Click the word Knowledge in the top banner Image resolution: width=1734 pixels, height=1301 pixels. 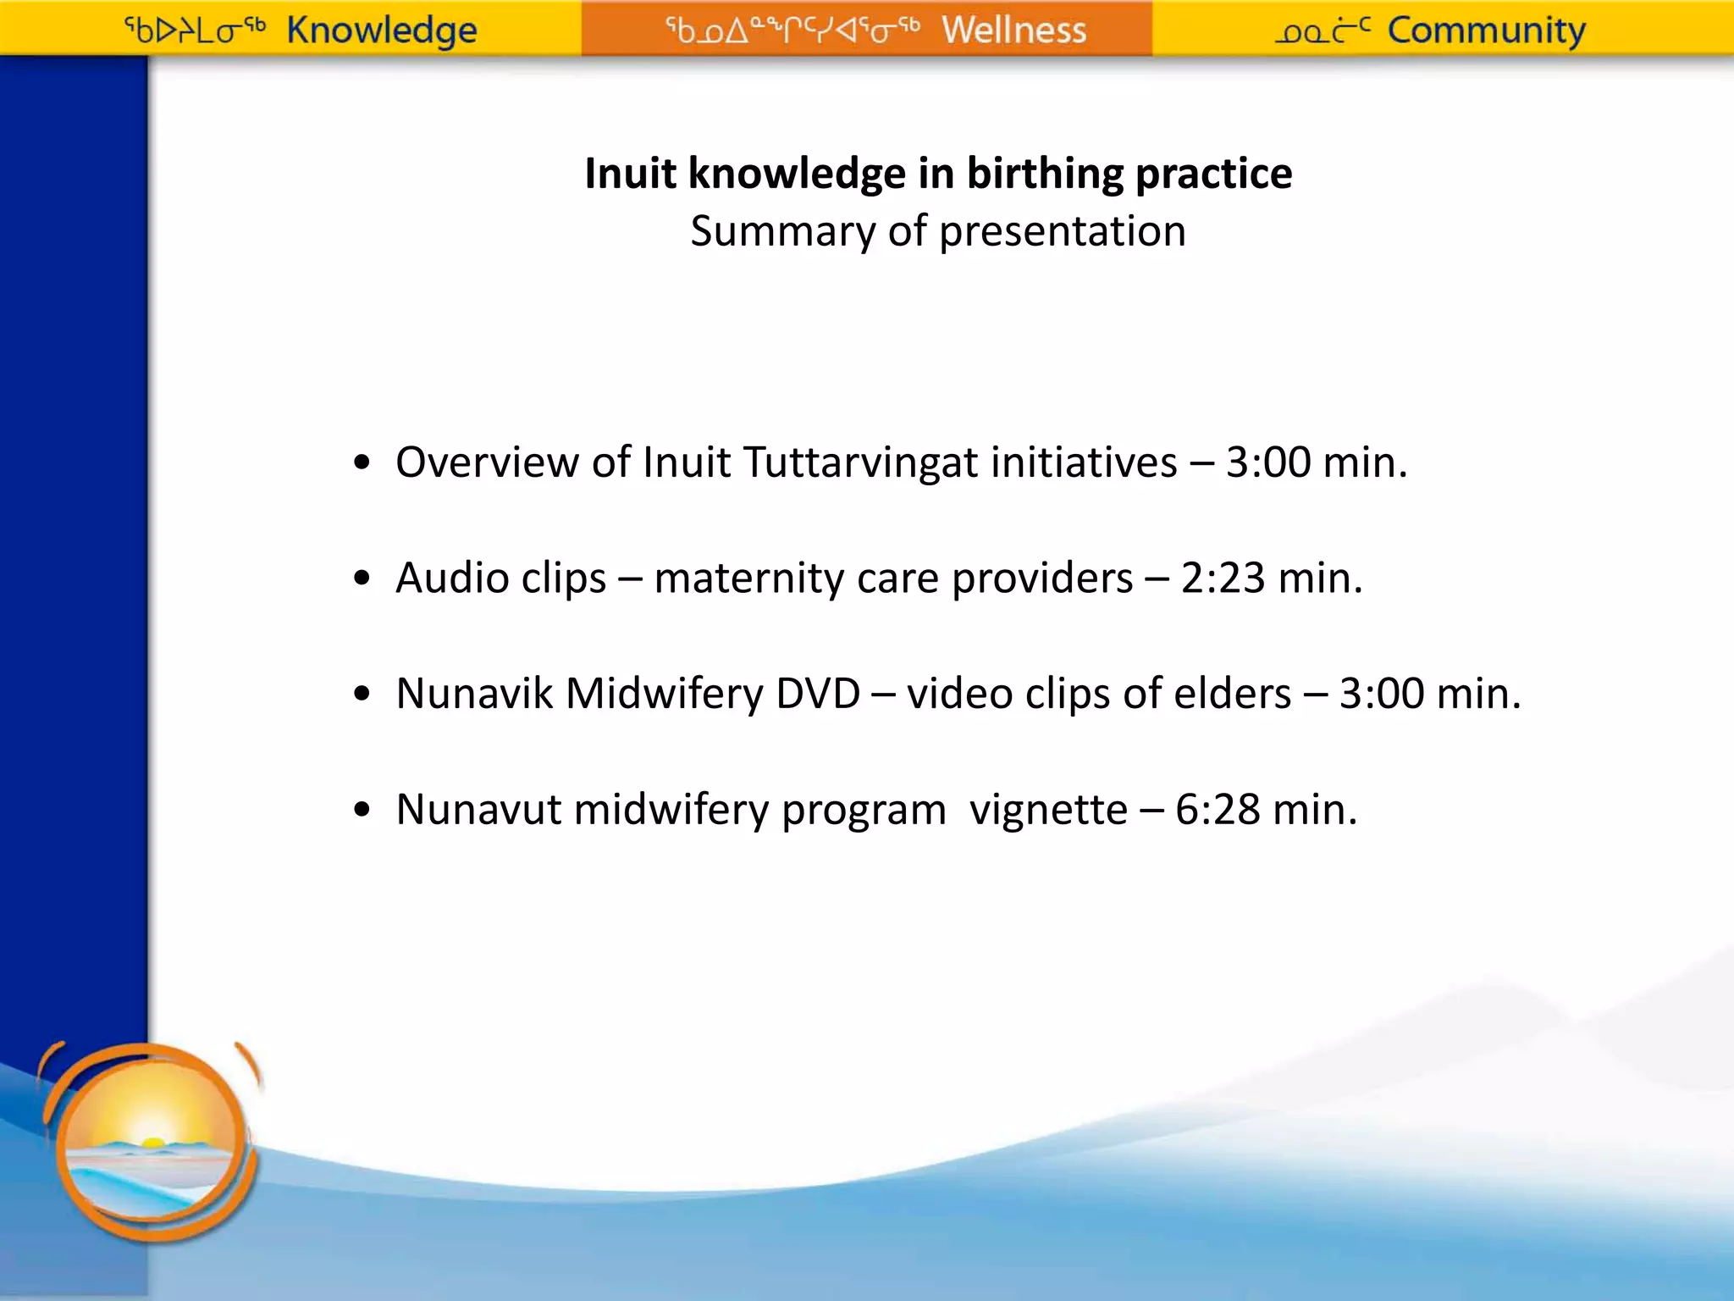(x=382, y=30)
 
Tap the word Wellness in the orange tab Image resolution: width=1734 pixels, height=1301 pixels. (x=1013, y=30)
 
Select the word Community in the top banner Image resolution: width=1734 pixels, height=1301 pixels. (x=1486, y=30)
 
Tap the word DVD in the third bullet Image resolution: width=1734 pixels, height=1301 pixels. (x=818, y=694)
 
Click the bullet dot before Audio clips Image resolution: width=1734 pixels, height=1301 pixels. (x=362, y=579)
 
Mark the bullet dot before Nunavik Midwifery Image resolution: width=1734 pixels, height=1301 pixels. (x=362, y=694)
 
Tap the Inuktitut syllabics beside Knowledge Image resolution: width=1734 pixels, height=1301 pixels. (x=195, y=30)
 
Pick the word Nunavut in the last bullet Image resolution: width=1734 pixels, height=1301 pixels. (x=478, y=810)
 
